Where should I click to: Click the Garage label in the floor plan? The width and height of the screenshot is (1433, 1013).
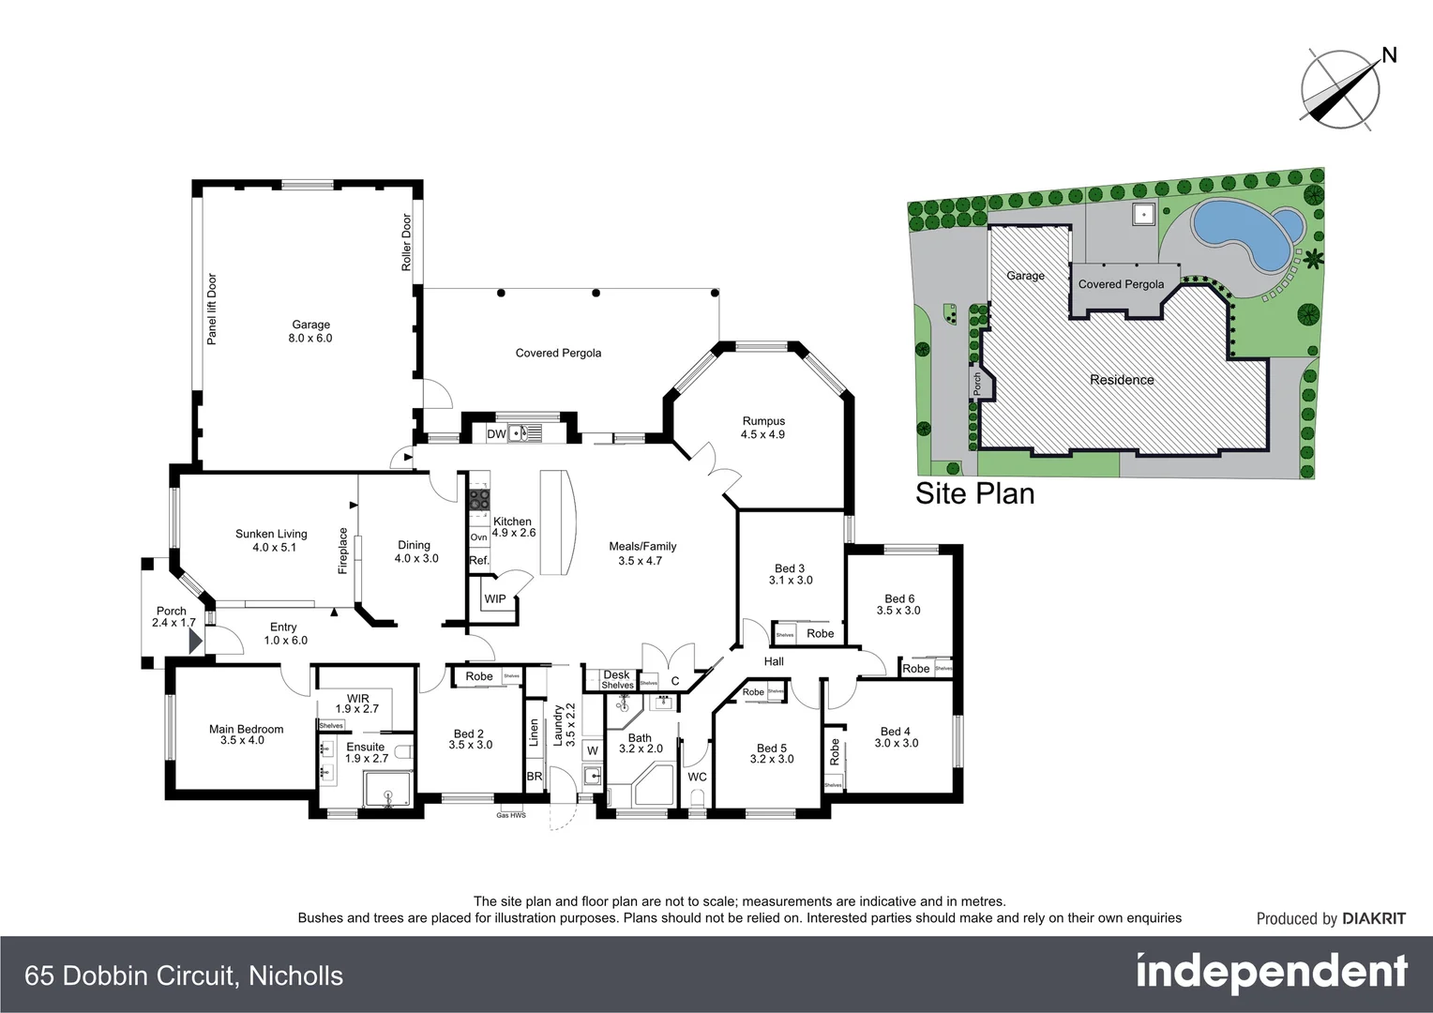point(310,325)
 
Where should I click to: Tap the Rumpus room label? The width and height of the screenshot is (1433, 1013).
point(763,422)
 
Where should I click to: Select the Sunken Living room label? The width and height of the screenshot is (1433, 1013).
point(271,535)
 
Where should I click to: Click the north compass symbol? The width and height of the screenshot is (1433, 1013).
point(1342,88)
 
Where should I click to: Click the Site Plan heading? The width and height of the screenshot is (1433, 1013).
point(974,493)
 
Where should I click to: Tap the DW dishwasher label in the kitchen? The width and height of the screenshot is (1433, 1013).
point(496,434)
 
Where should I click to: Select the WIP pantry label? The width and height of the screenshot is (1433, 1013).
point(495,599)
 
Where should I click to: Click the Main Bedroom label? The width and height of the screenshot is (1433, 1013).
point(246,729)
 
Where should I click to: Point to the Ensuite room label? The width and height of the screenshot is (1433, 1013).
point(365,748)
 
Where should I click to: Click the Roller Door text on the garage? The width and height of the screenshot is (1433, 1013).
point(407,243)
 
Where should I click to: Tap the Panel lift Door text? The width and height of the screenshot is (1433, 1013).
point(212,310)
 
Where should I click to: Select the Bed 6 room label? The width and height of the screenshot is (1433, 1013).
point(898,598)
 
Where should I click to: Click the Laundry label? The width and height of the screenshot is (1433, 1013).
point(558,725)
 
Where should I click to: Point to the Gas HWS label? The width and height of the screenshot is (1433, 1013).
point(511,815)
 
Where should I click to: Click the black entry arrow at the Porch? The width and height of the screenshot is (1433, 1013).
point(195,642)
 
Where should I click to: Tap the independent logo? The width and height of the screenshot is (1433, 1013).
point(1272,973)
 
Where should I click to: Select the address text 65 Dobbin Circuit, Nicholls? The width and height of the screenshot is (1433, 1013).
point(184,975)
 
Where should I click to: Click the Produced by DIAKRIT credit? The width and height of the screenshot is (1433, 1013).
point(1331,919)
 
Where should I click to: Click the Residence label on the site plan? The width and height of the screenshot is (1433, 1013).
point(1122,380)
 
